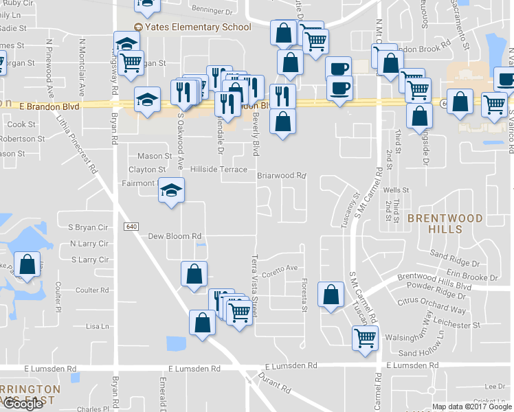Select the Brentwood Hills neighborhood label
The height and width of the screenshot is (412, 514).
coord(445,223)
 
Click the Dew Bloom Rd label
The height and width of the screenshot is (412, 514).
coord(175,236)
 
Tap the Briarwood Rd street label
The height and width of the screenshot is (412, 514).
coord(281,176)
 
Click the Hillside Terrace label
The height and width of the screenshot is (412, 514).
coord(219,169)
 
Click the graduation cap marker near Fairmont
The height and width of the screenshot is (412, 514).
coord(171,190)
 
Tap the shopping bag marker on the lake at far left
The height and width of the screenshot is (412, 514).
coord(27,266)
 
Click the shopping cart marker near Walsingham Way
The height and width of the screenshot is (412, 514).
coord(365,337)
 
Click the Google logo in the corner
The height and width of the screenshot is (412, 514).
coord(23,404)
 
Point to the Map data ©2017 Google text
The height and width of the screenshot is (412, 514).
coord(472,407)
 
